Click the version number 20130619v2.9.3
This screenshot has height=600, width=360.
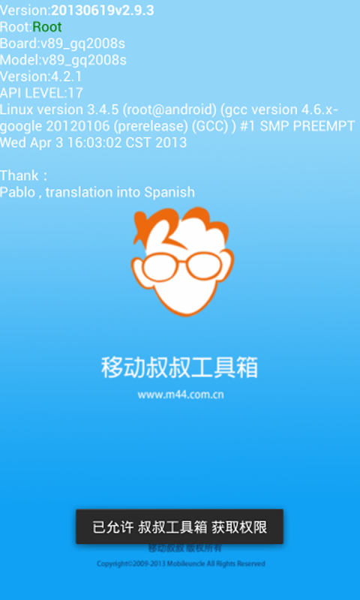[x=102, y=10]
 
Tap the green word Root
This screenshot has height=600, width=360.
[x=47, y=27]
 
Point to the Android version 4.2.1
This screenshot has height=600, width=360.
[x=66, y=76]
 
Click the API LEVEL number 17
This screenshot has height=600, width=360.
[x=75, y=93]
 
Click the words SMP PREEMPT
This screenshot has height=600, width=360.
[x=307, y=126]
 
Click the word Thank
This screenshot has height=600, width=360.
[x=19, y=175]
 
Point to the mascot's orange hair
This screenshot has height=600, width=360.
[x=180, y=225]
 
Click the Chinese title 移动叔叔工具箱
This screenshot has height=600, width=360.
[x=180, y=367]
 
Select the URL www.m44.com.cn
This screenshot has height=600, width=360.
[x=181, y=394]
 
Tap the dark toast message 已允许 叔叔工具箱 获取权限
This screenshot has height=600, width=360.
[x=180, y=527]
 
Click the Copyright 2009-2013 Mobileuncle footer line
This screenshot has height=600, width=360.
[x=180, y=564]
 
